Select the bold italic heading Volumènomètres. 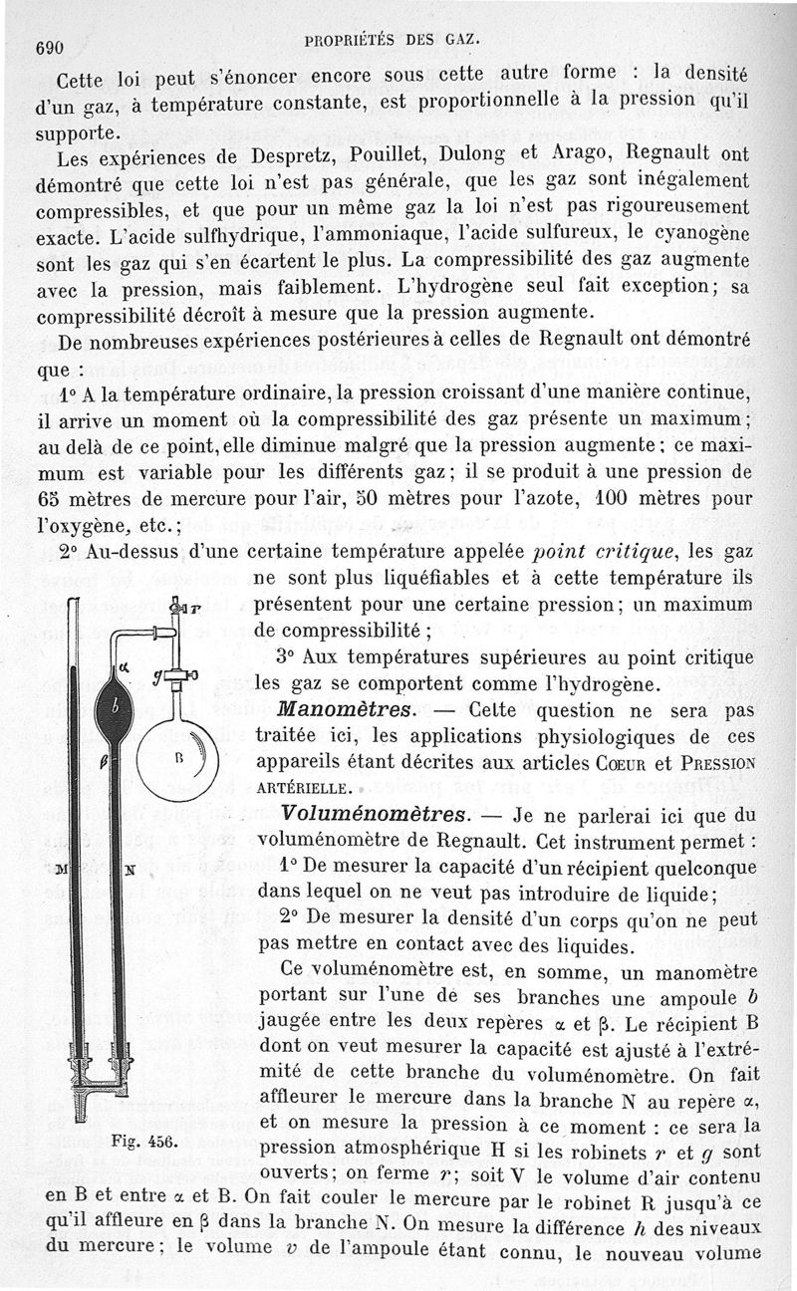(x=362, y=812)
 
